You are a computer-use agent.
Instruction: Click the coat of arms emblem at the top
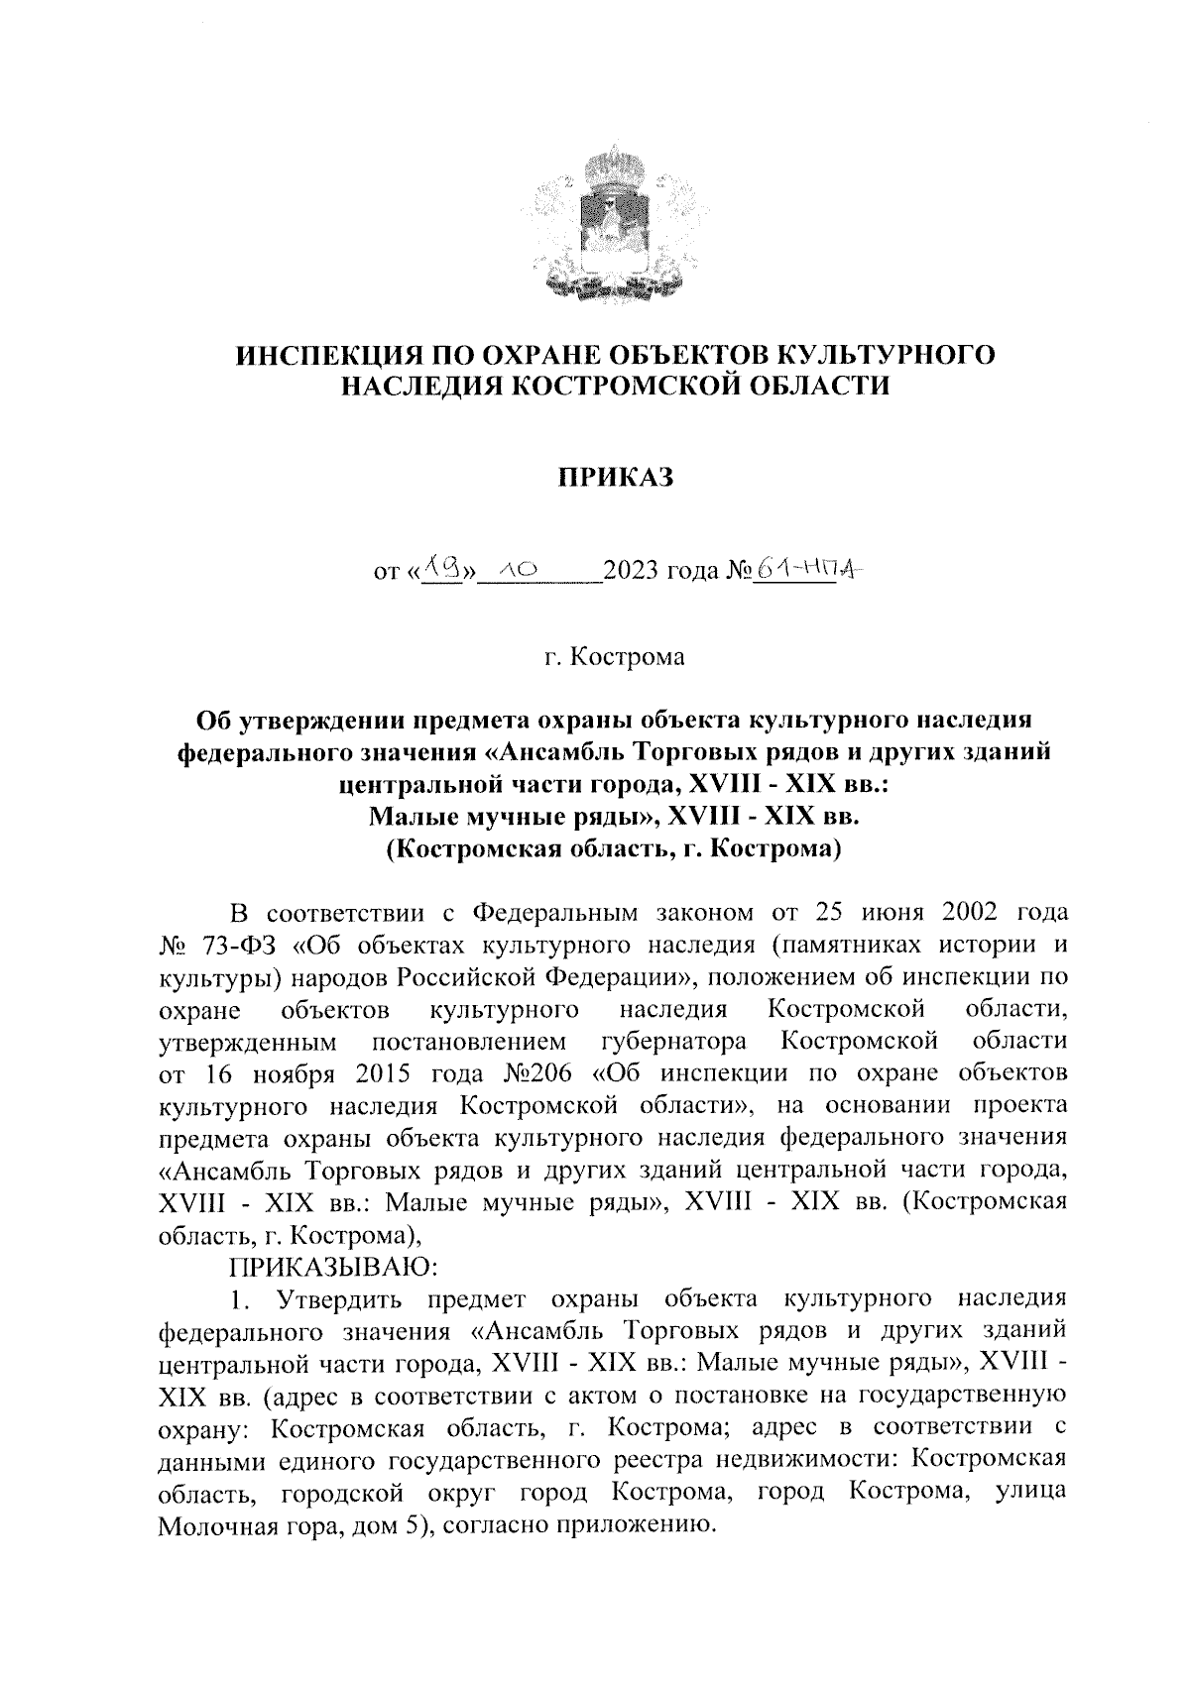(613, 222)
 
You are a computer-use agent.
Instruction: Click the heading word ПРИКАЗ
(614, 479)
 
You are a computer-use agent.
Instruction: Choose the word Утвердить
(336, 1298)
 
